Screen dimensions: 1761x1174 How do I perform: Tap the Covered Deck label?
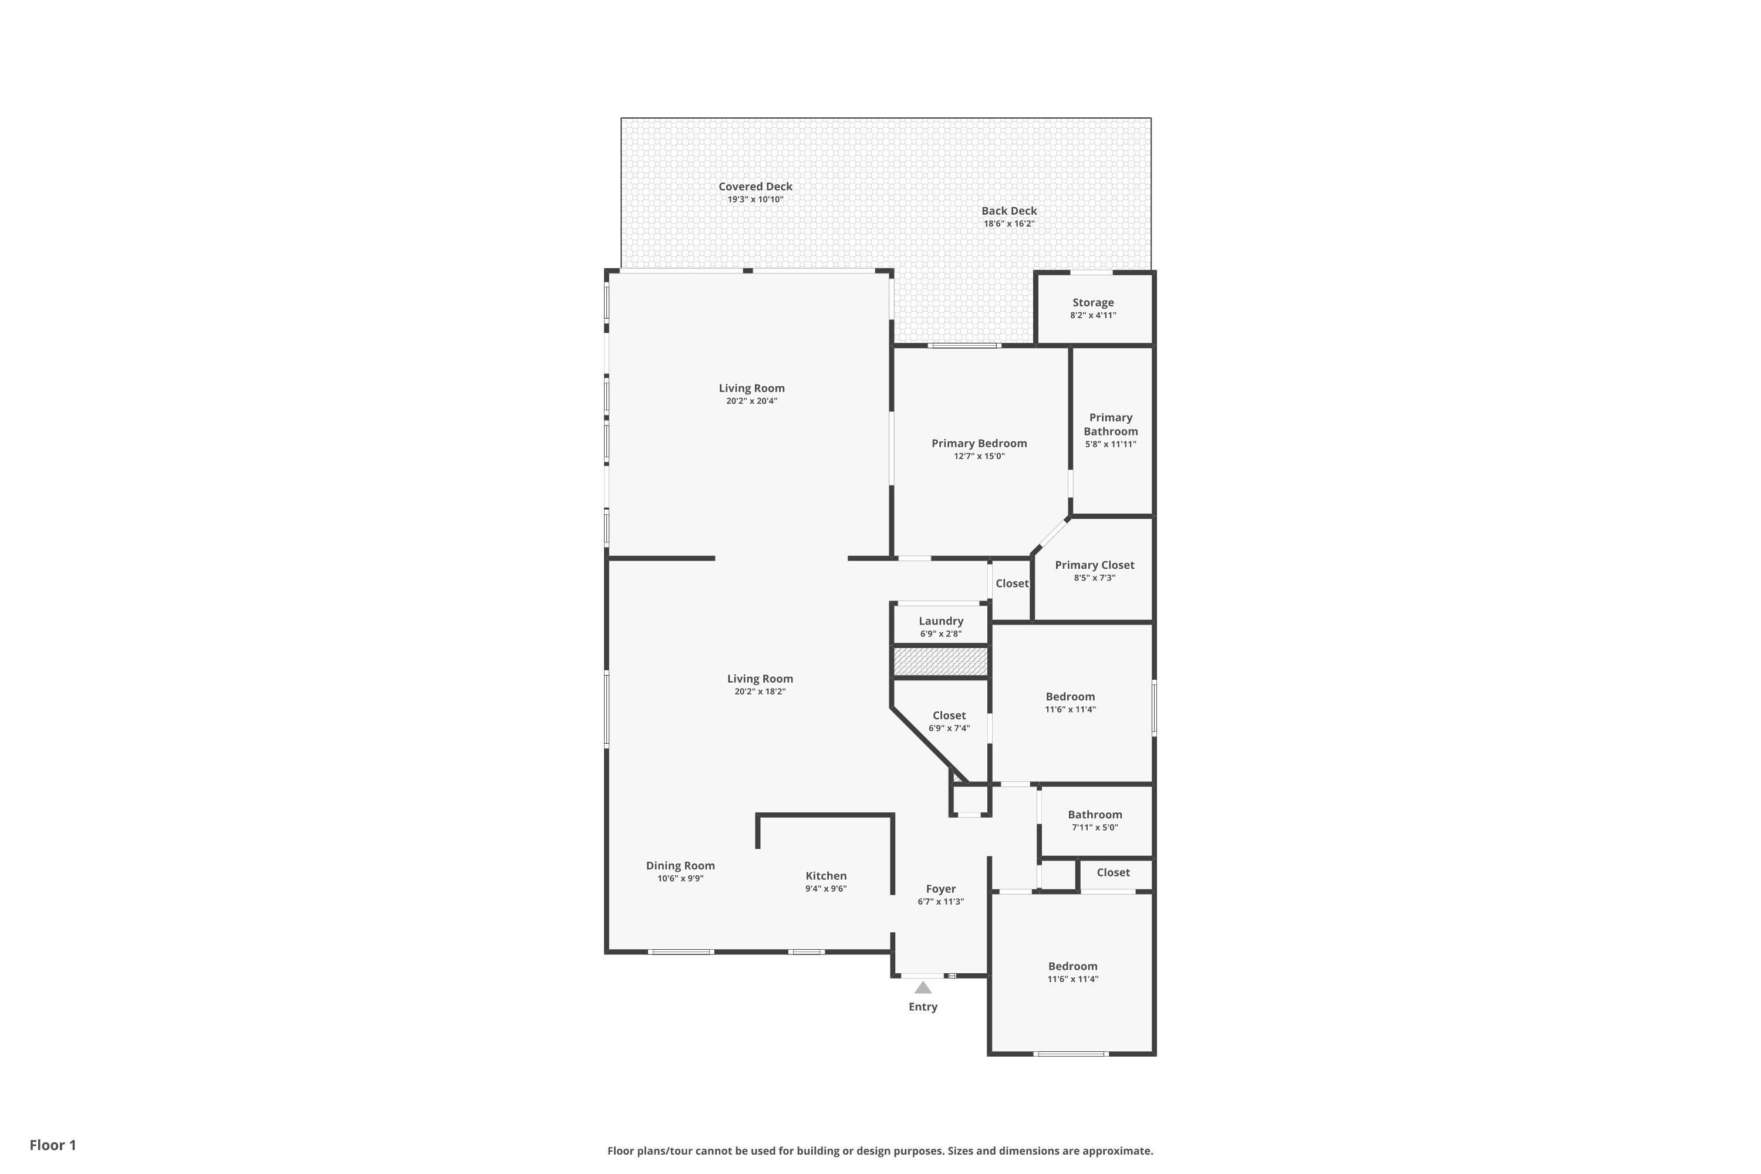(x=755, y=187)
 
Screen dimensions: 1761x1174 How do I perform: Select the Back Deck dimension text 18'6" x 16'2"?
(x=1009, y=224)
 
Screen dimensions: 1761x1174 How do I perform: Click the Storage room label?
(x=1093, y=302)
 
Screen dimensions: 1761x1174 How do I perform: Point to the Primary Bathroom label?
(x=1111, y=424)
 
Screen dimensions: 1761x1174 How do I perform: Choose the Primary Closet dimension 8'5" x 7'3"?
(x=1095, y=578)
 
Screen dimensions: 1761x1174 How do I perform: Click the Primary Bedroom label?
(x=979, y=443)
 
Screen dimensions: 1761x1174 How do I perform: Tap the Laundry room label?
(x=941, y=620)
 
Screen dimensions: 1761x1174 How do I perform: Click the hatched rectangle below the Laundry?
(x=941, y=662)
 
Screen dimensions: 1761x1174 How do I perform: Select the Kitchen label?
(x=826, y=876)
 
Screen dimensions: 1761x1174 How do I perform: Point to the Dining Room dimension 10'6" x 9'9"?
(x=680, y=878)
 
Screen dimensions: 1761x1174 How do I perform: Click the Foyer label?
(x=940, y=889)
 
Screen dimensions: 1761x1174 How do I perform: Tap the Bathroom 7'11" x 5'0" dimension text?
(x=1095, y=827)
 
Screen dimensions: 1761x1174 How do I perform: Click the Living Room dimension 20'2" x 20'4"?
(x=752, y=400)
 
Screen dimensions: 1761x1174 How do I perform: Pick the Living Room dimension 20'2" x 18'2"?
(x=760, y=691)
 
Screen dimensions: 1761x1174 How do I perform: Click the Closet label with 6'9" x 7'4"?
(x=949, y=715)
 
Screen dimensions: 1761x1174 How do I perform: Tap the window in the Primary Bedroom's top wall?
(x=964, y=345)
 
